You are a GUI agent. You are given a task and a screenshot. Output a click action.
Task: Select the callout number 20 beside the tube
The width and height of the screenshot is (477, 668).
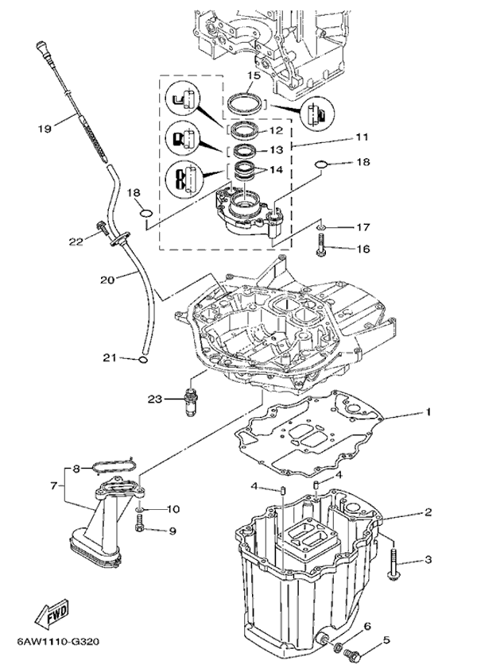(x=107, y=279)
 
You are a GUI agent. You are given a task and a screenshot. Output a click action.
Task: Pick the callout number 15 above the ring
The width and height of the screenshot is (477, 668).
(x=253, y=76)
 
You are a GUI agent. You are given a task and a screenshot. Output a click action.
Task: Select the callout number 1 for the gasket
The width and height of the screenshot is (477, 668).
(x=427, y=412)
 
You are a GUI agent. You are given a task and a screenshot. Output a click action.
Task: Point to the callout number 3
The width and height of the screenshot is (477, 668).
(x=427, y=560)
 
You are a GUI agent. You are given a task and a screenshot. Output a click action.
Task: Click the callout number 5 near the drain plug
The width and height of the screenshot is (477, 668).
(x=387, y=640)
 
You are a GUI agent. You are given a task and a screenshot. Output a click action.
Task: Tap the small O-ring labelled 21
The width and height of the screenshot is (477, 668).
(x=142, y=358)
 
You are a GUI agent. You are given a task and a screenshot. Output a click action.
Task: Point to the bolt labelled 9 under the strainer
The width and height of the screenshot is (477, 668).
(x=139, y=525)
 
